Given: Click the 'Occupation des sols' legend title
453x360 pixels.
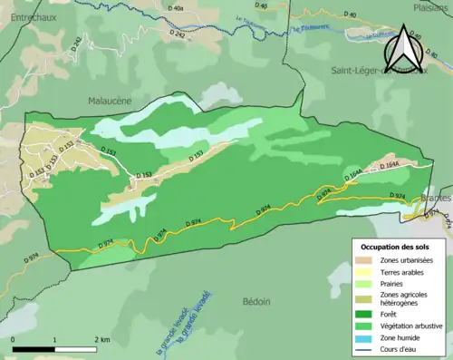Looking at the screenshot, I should [397, 247].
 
